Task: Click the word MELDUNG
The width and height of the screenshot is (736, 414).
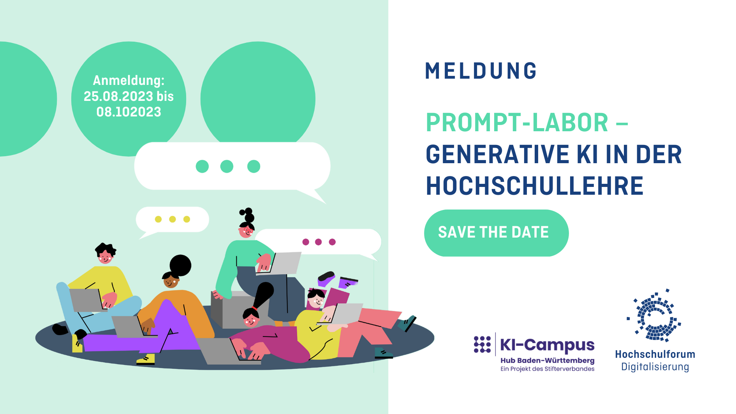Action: pos(481,71)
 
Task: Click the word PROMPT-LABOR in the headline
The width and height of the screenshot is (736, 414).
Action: pos(517,123)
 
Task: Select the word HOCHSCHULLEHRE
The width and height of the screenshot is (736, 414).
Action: pos(534,186)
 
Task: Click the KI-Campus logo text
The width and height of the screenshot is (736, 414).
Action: pos(547,345)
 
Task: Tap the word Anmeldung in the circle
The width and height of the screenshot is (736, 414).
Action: pos(129,80)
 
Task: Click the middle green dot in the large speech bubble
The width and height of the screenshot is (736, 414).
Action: pos(227,166)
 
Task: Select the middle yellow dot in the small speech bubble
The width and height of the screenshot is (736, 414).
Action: pos(173,219)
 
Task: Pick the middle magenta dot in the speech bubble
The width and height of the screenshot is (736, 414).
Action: pos(319,242)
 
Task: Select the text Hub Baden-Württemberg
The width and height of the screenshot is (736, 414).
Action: pos(547,361)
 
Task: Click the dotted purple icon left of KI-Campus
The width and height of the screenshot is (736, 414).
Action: pos(482,344)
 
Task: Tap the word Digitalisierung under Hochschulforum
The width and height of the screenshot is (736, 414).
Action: pos(655,367)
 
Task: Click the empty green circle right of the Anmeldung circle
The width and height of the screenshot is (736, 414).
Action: pos(258,93)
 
